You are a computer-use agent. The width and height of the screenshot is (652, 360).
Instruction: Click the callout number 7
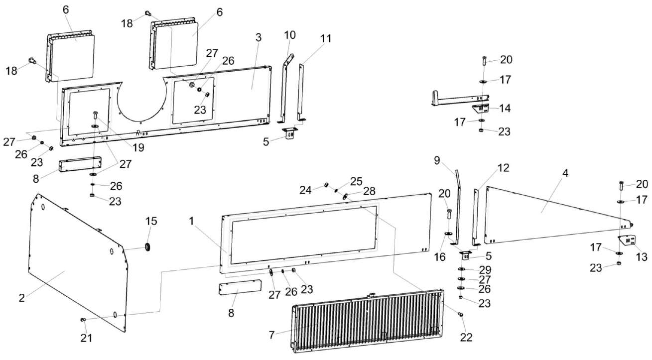pos(272,335)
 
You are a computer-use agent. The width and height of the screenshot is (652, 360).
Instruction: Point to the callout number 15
pos(150,220)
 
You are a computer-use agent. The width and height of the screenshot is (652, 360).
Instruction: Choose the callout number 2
pos(22,298)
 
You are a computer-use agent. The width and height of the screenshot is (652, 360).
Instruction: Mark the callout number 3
pos(258,38)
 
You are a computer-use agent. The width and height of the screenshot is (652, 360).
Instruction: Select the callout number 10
pos(290,35)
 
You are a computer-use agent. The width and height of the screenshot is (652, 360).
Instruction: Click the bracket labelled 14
pos(481,108)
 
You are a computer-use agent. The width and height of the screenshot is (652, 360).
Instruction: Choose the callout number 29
pos(485,269)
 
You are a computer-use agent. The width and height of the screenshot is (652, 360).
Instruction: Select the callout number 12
pos(504,168)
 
